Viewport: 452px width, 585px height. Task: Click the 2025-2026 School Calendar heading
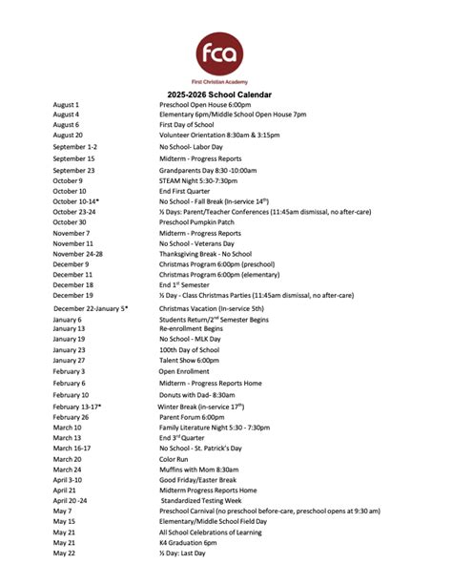coord(226,94)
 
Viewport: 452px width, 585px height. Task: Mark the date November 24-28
coord(78,254)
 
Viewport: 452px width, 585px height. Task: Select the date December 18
coord(73,284)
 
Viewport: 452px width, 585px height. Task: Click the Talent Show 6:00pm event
coord(189,361)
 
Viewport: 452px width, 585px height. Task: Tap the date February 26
coord(72,417)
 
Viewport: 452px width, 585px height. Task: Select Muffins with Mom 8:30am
coord(198,470)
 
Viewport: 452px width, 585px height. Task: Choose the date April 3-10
coord(69,480)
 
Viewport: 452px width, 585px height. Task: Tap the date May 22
coord(64,553)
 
